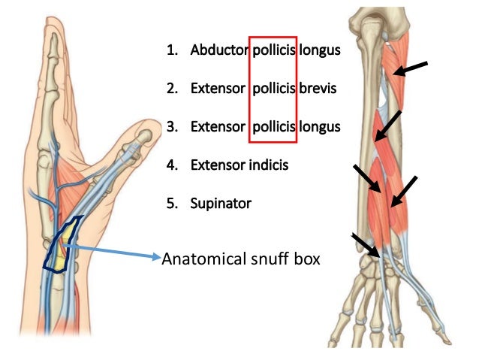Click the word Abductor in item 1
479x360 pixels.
(218, 52)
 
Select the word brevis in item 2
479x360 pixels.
(318, 89)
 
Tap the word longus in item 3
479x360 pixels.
(320, 126)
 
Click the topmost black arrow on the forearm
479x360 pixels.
(411, 69)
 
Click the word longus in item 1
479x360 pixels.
(320, 52)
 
